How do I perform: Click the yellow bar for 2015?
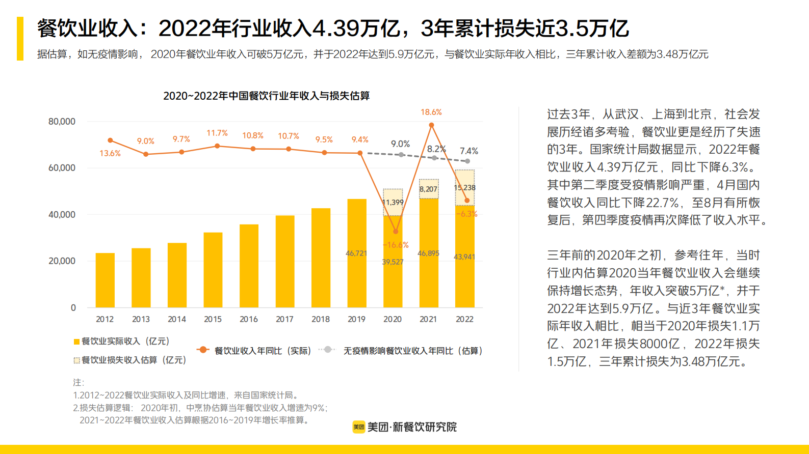tap(213, 270)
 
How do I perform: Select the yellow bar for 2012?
tap(105, 280)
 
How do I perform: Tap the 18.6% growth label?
tap(431, 112)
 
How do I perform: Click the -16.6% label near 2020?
tap(396, 245)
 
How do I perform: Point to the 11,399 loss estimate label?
tap(393, 203)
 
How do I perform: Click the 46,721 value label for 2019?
tap(356, 253)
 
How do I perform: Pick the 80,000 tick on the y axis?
tap(62, 121)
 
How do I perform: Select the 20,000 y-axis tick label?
tap(62, 261)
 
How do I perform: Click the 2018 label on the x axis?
tap(320, 319)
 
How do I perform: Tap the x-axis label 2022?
tap(464, 319)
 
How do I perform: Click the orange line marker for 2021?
tap(431, 125)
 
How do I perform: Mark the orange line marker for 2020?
tap(396, 232)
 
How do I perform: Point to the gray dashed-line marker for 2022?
tap(467, 161)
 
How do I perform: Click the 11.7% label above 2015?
tap(217, 133)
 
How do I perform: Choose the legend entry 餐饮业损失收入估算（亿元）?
tap(130, 360)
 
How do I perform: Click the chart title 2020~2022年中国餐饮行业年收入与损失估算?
tap(266, 96)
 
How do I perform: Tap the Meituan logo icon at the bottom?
tap(358, 427)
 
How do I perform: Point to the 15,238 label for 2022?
tap(464, 187)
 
